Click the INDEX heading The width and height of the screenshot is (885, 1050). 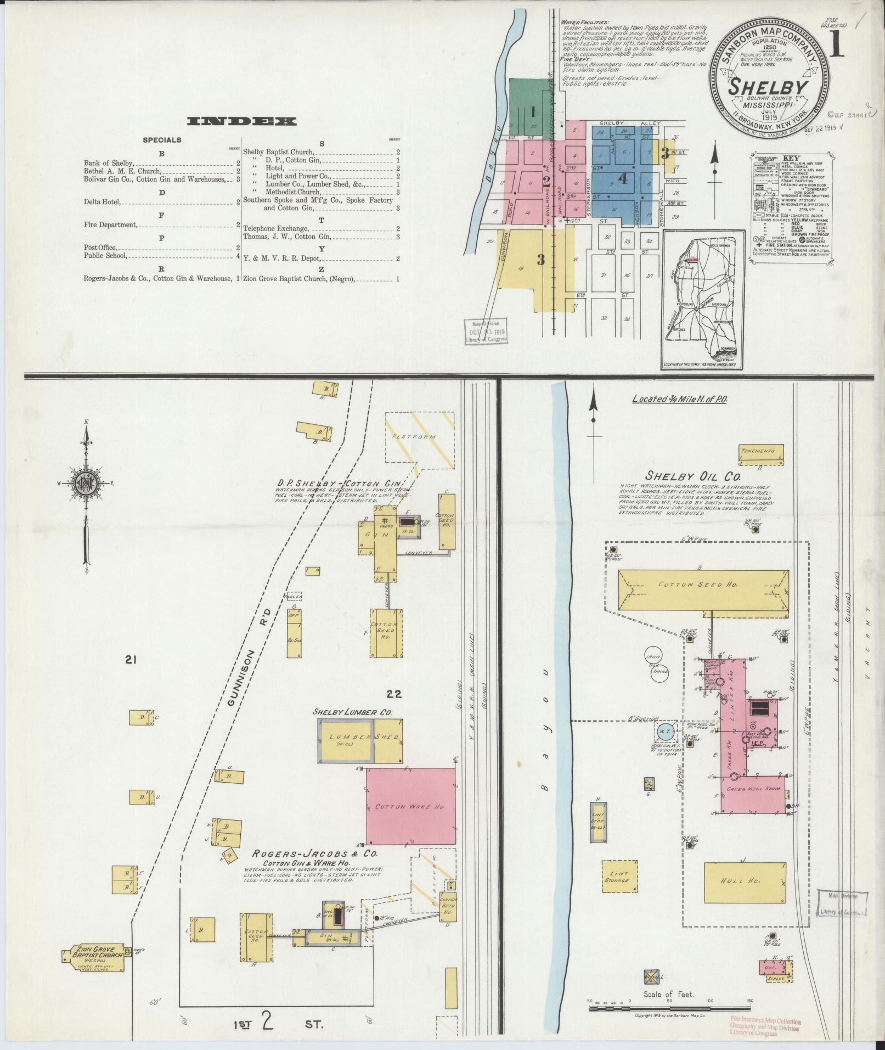point(241,121)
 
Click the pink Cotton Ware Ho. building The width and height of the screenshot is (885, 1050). point(410,807)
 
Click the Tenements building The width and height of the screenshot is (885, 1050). point(761,453)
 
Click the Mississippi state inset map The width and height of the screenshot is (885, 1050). point(703,300)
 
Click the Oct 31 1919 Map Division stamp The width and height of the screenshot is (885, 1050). point(487,332)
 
